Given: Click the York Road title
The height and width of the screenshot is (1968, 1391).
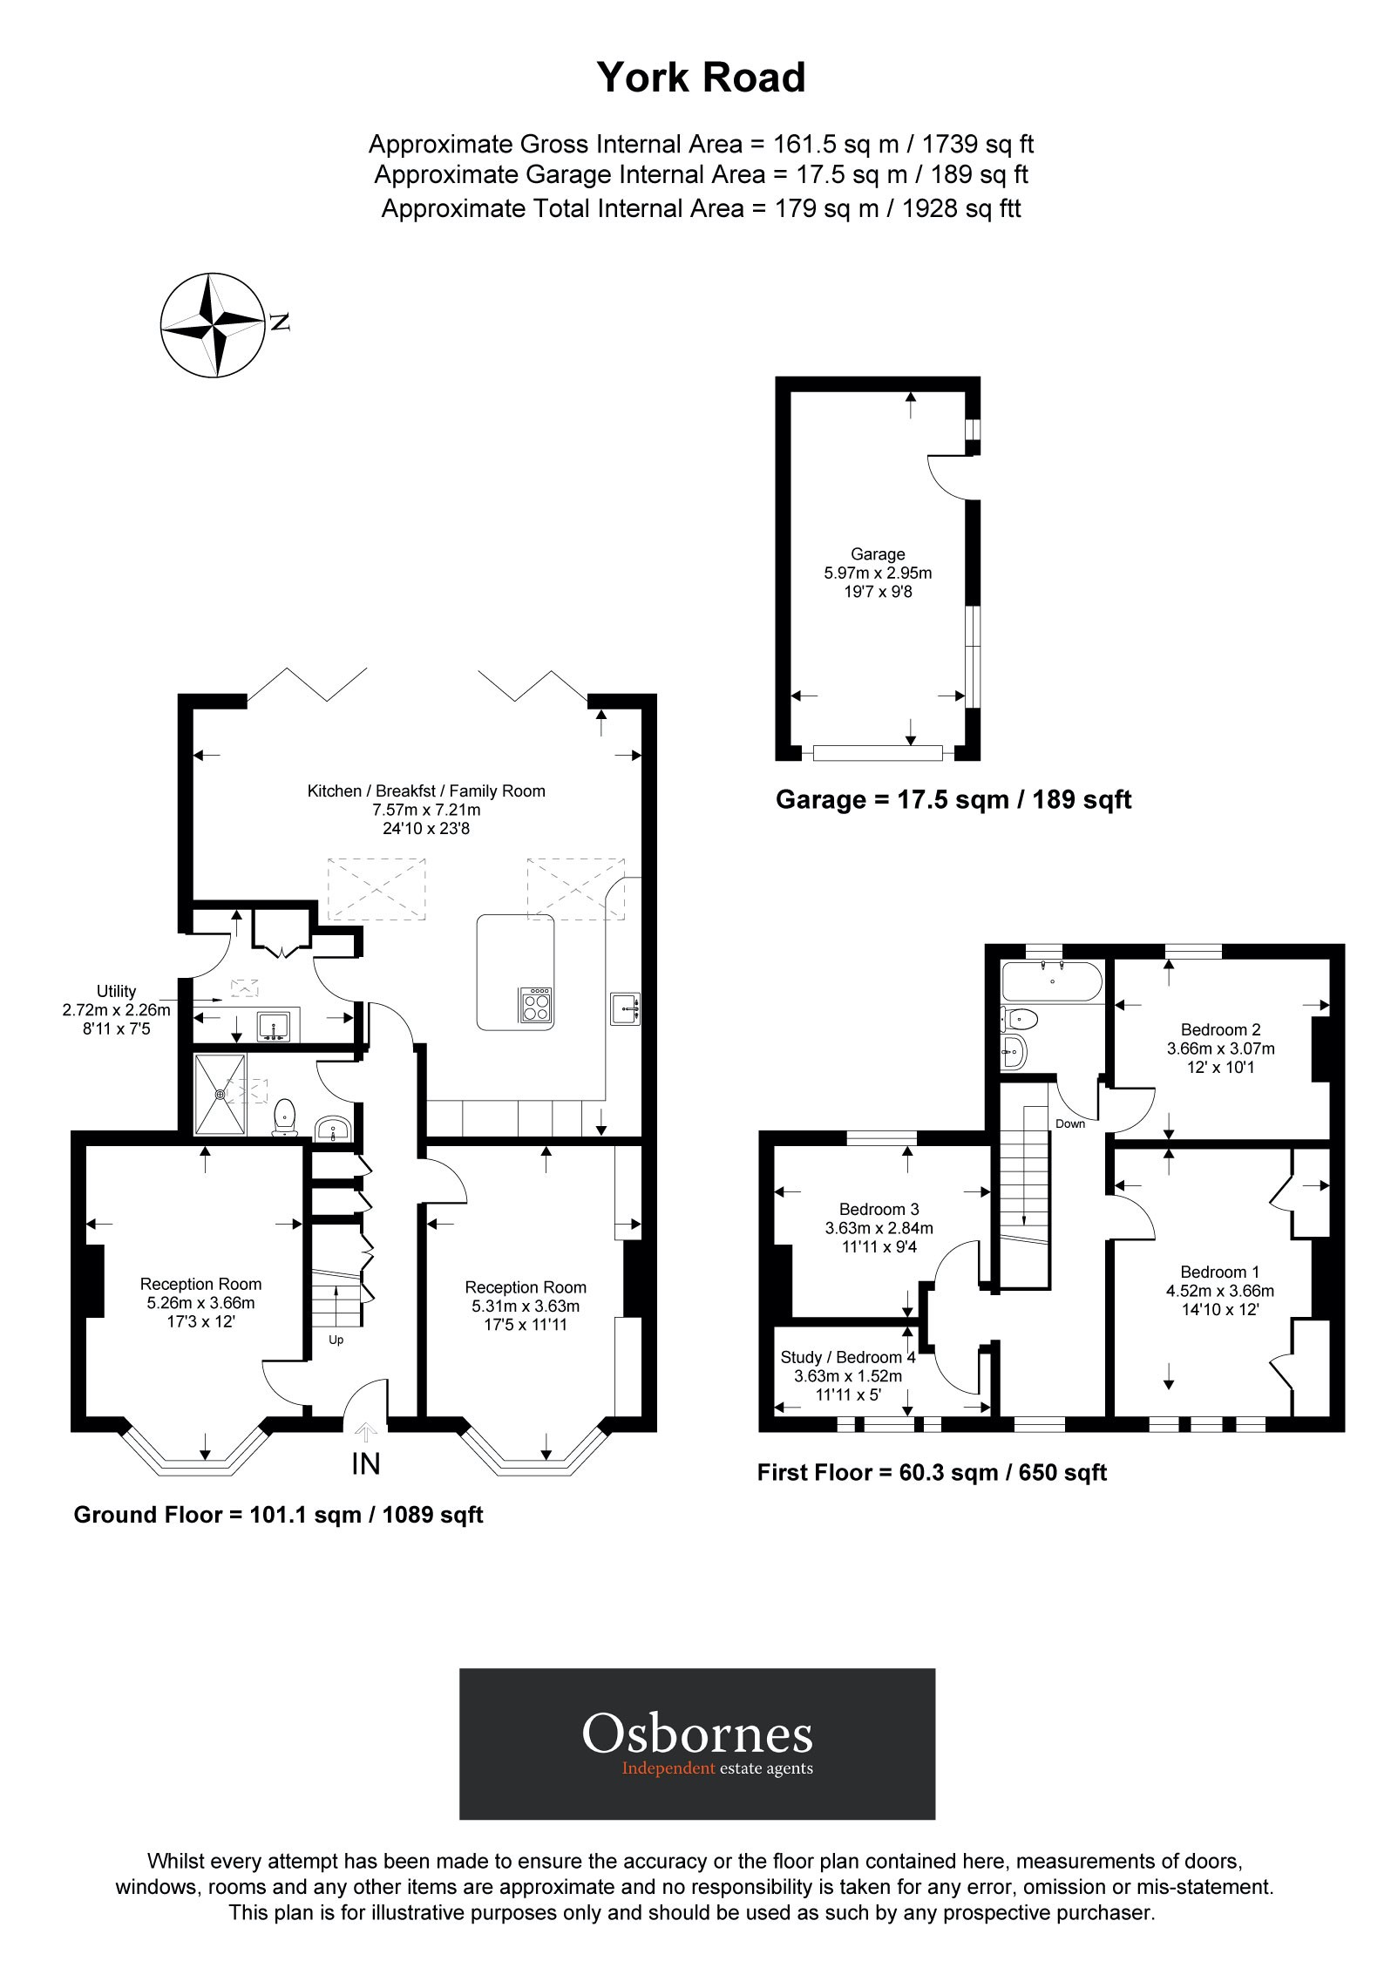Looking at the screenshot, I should pyautogui.click(x=701, y=78).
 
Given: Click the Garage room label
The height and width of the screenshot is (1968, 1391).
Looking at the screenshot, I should pyautogui.click(x=878, y=554).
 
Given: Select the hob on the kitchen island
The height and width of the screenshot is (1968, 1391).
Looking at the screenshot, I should pyautogui.click(x=535, y=1005).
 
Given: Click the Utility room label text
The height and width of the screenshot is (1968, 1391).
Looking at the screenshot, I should pyautogui.click(x=116, y=991).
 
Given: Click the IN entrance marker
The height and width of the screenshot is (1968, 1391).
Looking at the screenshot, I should pyautogui.click(x=366, y=1463).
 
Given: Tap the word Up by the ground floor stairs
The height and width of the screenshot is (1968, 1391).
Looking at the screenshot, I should pyautogui.click(x=336, y=1340).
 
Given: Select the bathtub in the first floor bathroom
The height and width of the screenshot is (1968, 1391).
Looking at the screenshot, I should pyautogui.click(x=1052, y=981).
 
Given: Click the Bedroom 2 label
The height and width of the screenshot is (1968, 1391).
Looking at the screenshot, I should pyautogui.click(x=1220, y=1029).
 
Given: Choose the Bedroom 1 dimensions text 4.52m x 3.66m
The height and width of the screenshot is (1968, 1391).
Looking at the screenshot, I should pyautogui.click(x=1219, y=1291).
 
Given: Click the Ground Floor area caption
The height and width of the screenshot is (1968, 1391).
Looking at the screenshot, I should pyautogui.click(x=278, y=1515).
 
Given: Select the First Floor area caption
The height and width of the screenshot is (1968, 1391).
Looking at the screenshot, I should pyautogui.click(x=932, y=1473).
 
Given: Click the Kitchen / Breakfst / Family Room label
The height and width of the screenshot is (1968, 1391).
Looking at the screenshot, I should pyautogui.click(x=426, y=791).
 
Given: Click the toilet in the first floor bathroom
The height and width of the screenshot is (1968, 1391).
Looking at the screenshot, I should pyautogui.click(x=1019, y=1017).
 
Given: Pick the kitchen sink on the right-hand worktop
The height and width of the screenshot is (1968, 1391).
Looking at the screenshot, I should pyautogui.click(x=625, y=1008).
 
